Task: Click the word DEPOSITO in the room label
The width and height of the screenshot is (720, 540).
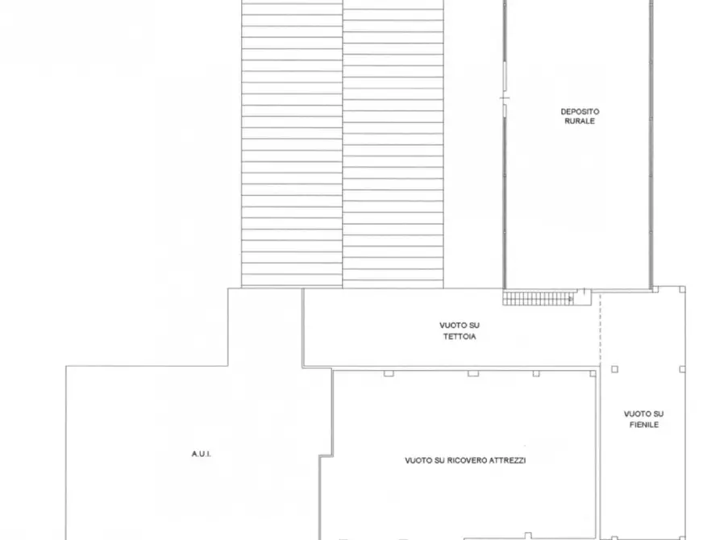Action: point(580,111)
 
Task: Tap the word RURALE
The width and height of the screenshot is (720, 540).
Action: point(580,121)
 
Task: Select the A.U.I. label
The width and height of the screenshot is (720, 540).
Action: point(201,454)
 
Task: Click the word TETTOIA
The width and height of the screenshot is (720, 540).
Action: point(460,337)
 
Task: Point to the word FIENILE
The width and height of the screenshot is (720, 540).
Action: point(643,425)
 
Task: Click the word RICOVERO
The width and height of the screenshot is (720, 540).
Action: point(467,460)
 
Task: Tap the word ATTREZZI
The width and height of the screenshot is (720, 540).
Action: point(508,460)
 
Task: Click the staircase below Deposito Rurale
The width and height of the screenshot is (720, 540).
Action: point(538,297)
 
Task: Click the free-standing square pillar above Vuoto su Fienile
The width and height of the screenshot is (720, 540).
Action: point(615,369)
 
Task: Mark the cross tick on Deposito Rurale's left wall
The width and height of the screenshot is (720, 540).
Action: point(505,98)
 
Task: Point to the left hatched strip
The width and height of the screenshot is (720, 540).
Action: point(292,143)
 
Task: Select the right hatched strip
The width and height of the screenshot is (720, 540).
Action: point(393,143)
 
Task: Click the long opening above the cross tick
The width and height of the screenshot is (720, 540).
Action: point(505,77)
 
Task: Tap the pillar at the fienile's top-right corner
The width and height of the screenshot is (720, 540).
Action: point(682,289)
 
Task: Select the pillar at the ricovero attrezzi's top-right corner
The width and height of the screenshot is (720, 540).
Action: point(593,374)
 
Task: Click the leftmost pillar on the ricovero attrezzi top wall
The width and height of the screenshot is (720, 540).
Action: point(389,374)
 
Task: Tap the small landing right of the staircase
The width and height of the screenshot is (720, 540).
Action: point(583,297)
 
